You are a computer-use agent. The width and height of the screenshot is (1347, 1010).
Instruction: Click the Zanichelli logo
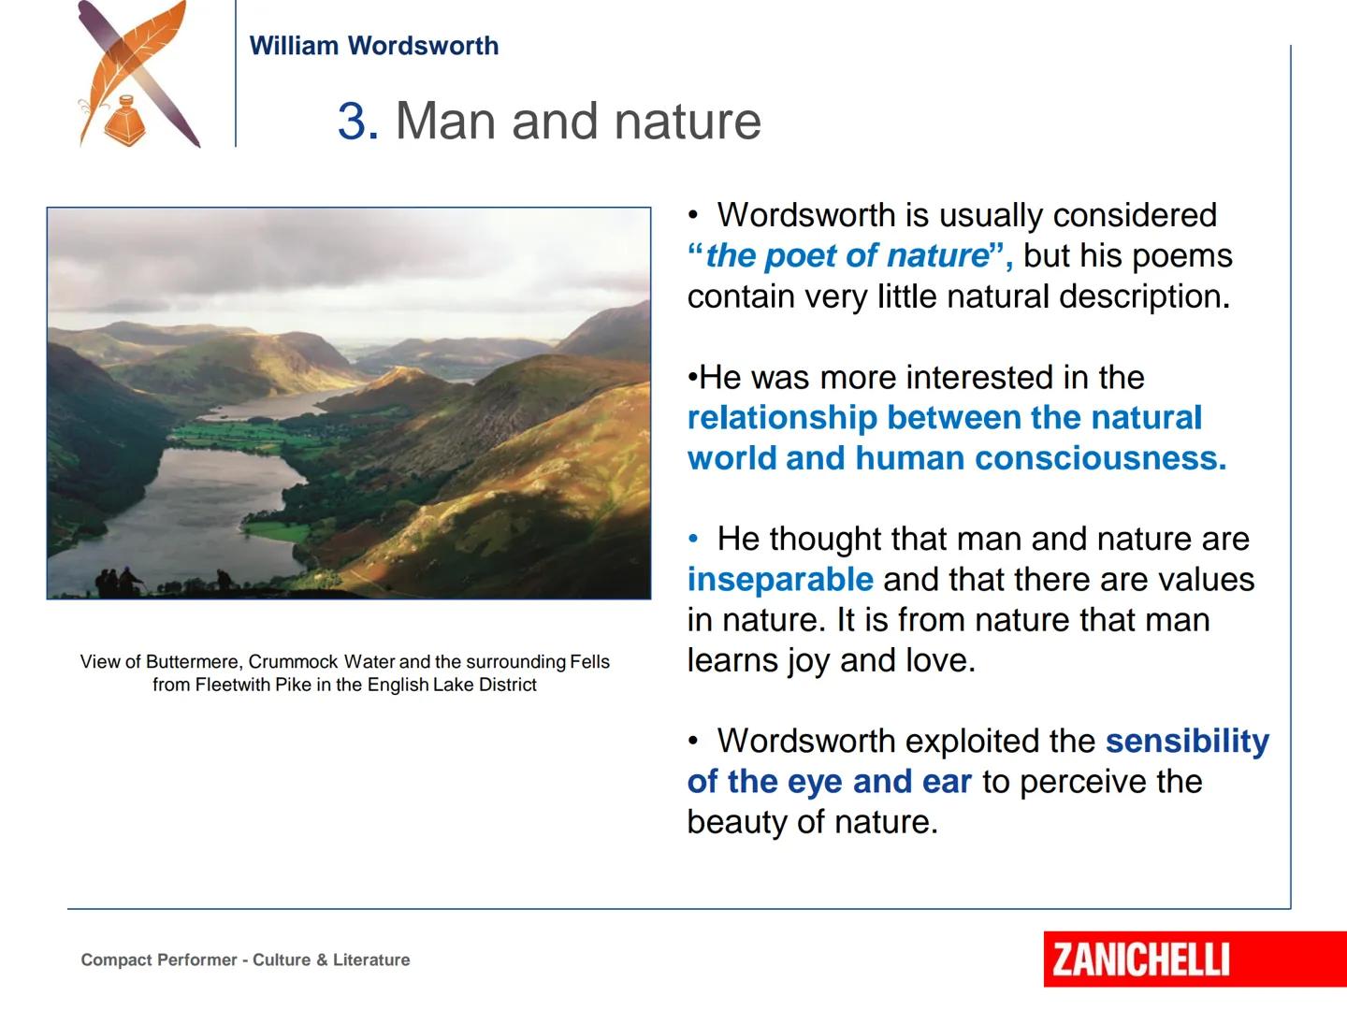click(x=1195, y=959)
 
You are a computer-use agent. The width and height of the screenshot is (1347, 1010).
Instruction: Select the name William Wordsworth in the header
click(x=374, y=46)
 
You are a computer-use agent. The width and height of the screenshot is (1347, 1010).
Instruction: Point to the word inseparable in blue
click(x=780, y=580)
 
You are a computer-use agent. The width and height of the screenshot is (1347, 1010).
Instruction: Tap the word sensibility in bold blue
click(x=1187, y=742)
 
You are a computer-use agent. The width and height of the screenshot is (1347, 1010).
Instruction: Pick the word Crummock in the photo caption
click(x=294, y=662)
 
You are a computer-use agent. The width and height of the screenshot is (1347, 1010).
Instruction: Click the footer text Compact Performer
click(x=159, y=959)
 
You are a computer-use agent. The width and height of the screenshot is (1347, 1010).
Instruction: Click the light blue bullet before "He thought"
click(x=693, y=539)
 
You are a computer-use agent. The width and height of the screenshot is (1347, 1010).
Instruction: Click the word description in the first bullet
click(x=1145, y=296)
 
